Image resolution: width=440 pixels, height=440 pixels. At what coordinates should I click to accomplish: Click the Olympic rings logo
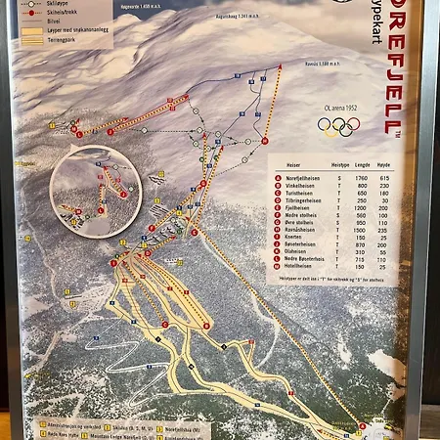point(338,127)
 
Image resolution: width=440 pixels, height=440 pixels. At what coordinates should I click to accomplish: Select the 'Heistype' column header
point(340,165)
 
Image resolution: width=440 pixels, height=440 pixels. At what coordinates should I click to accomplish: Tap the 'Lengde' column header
point(363,165)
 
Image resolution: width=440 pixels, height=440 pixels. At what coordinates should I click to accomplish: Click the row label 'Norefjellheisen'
point(303,177)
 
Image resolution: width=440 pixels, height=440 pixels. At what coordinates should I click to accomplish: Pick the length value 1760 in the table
point(363,177)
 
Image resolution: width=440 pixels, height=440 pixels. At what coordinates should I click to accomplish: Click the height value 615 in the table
point(384,177)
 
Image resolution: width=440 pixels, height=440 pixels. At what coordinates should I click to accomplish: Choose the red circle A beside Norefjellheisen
point(278,177)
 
